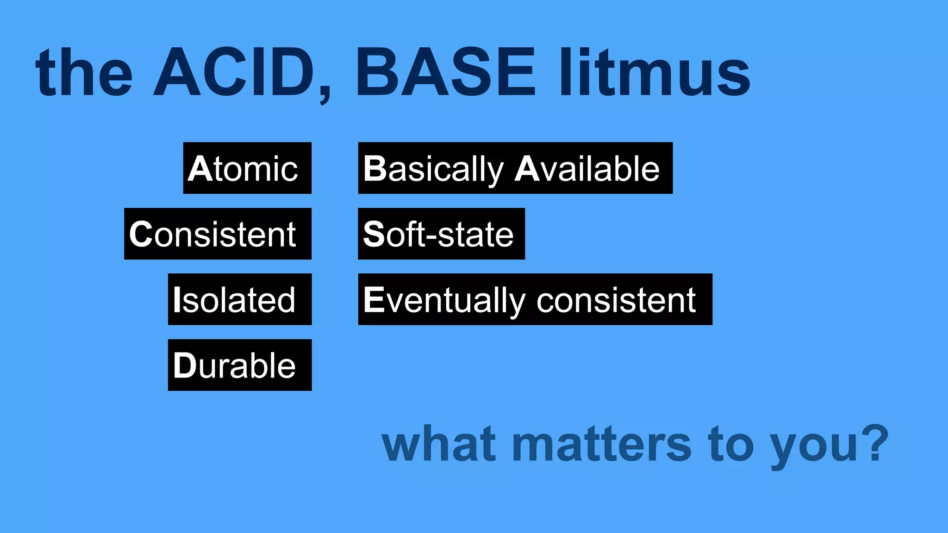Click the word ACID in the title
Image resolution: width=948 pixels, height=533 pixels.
click(x=234, y=73)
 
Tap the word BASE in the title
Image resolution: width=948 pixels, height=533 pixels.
click(x=445, y=73)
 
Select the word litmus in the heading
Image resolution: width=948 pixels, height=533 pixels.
click(x=654, y=73)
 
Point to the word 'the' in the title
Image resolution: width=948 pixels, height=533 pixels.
click(x=84, y=73)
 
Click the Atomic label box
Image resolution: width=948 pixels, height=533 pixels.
click(x=247, y=168)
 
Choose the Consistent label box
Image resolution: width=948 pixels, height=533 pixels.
click(x=218, y=234)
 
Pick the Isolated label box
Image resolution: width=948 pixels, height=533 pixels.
click(x=239, y=299)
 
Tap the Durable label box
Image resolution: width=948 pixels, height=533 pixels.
click(x=239, y=365)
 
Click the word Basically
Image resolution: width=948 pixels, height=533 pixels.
click(x=433, y=169)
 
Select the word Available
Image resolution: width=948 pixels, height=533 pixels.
click(x=587, y=169)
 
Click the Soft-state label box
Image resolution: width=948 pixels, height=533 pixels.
click(x=441, y=234)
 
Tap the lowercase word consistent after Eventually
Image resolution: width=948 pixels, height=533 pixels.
click(x=616, y=300)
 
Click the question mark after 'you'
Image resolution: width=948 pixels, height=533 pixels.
click(x=876, y=443)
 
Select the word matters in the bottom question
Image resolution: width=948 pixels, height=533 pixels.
click(x=602, y=444)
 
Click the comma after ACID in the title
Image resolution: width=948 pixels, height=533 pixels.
click(x=325, y=94)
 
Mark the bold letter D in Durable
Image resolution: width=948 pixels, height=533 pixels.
click(x=185, y=365)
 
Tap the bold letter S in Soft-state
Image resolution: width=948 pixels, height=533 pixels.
click(x=374, y=234)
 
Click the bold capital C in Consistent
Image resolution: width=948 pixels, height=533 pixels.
click(x=141, y=234)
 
